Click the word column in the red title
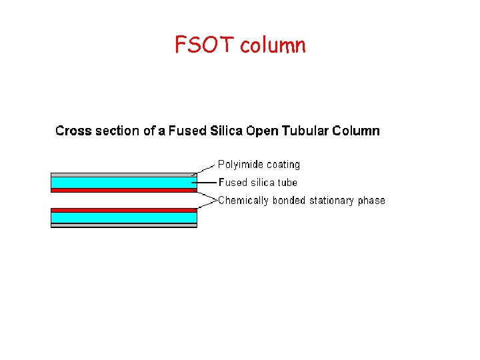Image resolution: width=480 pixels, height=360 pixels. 273,46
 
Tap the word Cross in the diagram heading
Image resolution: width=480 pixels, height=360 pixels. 73,131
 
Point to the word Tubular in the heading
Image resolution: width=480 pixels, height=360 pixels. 305,131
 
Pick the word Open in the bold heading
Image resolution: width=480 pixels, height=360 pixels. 263,131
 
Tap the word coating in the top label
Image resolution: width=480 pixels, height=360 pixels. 283,165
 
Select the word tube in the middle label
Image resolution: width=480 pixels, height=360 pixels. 287,182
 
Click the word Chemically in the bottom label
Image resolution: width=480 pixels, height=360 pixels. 243,200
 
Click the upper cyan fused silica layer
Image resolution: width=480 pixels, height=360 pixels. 123,182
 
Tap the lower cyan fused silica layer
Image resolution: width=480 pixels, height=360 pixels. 123,217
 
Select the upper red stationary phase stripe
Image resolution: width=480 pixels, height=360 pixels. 123,191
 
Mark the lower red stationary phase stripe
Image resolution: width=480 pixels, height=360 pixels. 123,209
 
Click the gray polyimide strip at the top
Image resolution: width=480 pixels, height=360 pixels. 123,175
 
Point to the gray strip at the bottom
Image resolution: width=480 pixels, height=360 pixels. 123,225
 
